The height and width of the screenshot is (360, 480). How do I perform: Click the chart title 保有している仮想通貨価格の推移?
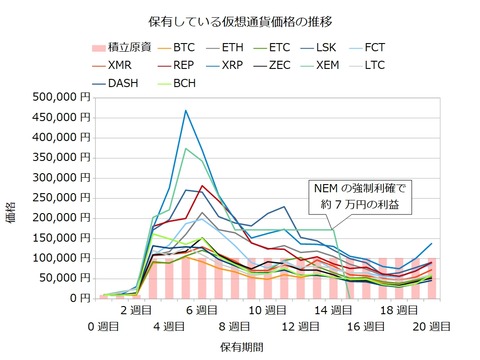[x=239, y=20]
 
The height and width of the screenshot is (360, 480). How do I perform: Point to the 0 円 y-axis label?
[x=80, y=298]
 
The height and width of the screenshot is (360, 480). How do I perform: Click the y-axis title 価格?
[x=14, y=197]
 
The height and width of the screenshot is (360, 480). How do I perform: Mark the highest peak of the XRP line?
[x=186, y=111]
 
